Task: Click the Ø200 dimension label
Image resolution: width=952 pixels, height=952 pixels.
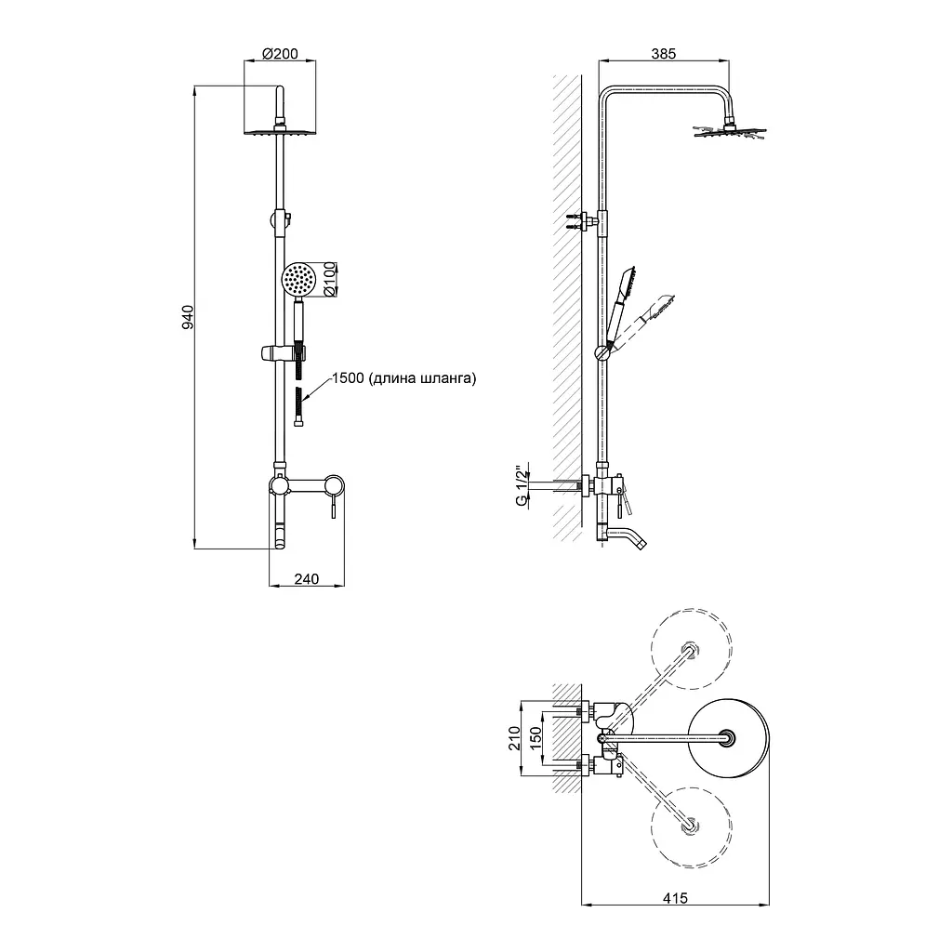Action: (x=280, y=53)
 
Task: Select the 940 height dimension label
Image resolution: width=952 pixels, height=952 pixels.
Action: (x=188, y=318)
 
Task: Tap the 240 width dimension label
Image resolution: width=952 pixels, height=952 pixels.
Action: (x=307, y=578)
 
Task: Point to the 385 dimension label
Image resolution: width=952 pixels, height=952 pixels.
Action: (x=664, y=53)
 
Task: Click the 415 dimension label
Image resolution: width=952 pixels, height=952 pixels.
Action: (x=675, y=897)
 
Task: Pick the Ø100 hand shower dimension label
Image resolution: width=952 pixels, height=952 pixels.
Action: (x=330, y=279)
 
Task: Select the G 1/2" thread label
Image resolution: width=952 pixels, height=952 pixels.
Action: (x=521, y=485)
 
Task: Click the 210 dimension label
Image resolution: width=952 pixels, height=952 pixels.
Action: (x=514, y=738)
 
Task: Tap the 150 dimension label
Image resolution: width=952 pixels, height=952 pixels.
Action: (x=535, y=738)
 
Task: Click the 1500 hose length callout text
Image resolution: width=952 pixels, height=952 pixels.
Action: (x=403, y=378)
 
